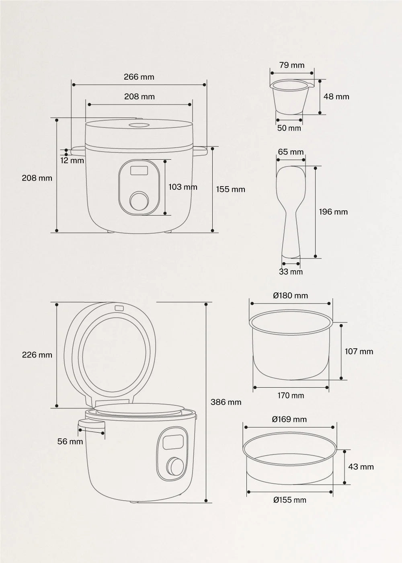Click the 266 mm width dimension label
(139, 77)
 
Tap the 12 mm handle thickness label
(72, 160)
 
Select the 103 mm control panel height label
(183, 187)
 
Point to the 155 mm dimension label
(231, 189)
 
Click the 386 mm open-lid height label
(226, 402)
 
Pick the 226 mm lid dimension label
(37, 355)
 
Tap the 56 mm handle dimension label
(70, 442)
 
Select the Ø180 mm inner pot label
(290, 296)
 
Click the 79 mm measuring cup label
(292, 65)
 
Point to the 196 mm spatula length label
(333, 212)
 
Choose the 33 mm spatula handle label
(291, 272)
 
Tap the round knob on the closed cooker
(139, 201)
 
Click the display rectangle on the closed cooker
(139, 171)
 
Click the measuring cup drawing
(291, 97)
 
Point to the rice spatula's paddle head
(291, 186)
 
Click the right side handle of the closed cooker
(200, 152)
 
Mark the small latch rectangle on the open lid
(119, 308)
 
